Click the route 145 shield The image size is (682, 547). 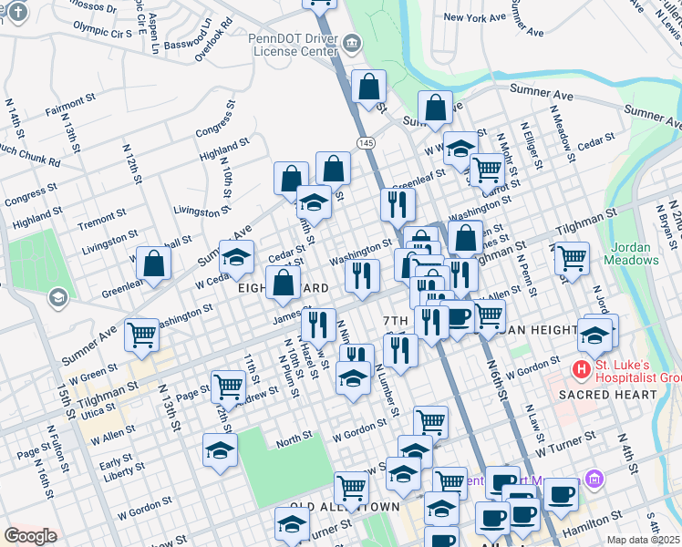pos(366,143)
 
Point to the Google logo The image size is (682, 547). pos(30,536)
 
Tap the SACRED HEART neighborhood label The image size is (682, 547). pos(607,395)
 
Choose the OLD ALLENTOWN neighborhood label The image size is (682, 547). pos(346,505)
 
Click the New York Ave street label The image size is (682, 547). pos(474,17)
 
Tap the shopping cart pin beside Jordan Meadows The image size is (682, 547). pos(572,258)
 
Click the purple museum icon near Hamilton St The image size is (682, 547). pos(594,478)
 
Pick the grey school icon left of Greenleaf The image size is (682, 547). pos(57,297)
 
